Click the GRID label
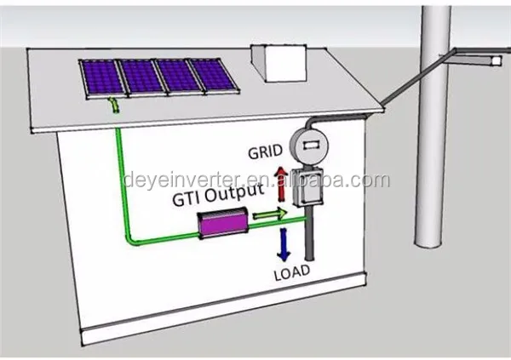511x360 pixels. point(265,151)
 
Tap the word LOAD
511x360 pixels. point(292,272)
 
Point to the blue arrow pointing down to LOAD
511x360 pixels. point(284,244)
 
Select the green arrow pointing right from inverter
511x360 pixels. point(270,214)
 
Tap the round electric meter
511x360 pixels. point(310,146)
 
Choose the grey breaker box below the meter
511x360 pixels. point(307,187)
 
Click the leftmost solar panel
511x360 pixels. point(102,77)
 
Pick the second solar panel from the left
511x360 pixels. point(141,77)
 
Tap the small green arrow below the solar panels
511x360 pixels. point(114,104)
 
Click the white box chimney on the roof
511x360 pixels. point(279,63)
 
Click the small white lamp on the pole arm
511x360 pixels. point(497,60)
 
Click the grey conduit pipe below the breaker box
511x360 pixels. point(309,233)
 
